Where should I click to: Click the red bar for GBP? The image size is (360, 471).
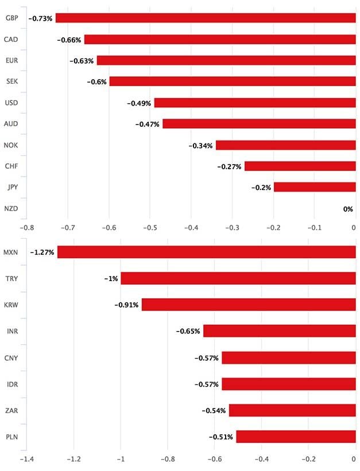pos(206,18)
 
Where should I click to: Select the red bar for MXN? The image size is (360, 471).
pos(206,252)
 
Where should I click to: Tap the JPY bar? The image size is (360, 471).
pos(315,186)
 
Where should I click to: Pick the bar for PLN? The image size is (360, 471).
pos(296,437)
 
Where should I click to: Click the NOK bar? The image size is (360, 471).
pos(285,145)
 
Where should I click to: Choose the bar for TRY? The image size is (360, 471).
pos(238,278)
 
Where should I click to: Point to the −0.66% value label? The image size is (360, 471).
pos(69,40)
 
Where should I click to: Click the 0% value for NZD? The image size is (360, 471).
pos(348,208)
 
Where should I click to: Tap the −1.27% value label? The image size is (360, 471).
pos(42,252)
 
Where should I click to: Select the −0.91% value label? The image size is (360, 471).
pos(126,305)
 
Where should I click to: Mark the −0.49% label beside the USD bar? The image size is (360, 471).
pos(138,103)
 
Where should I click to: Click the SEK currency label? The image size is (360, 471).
pos(11,82)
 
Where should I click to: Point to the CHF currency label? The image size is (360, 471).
pos(11,166)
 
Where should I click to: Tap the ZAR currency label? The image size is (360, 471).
pos(11,410)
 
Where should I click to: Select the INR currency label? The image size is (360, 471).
pos(11,331)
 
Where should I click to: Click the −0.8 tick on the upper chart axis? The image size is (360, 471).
pos(27,227)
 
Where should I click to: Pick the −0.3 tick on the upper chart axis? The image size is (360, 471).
pos(233,227)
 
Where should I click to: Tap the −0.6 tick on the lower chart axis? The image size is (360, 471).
pos(214,460)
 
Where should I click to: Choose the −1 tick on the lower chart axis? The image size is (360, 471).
pos(121,460)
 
